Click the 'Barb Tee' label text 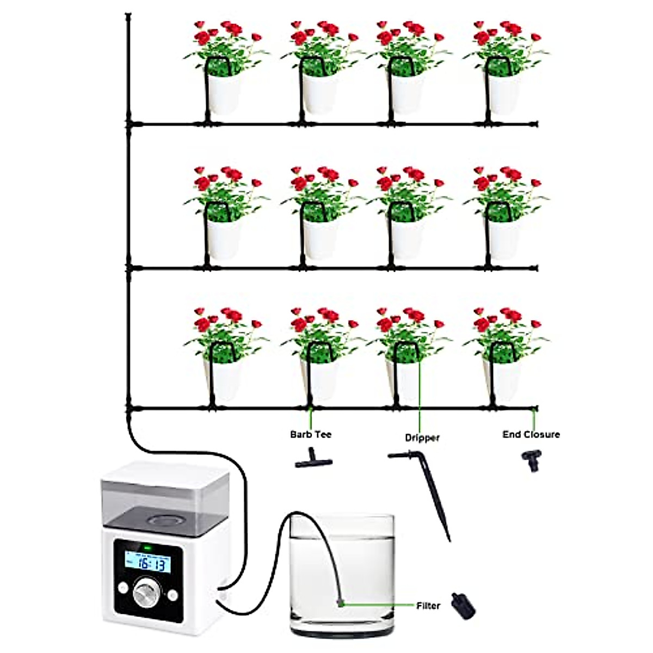310,434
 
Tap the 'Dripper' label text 422,438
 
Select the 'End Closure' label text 531,434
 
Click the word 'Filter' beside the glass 428,605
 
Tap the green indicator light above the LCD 146,547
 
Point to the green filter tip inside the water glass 339,602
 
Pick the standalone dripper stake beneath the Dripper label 430,490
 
